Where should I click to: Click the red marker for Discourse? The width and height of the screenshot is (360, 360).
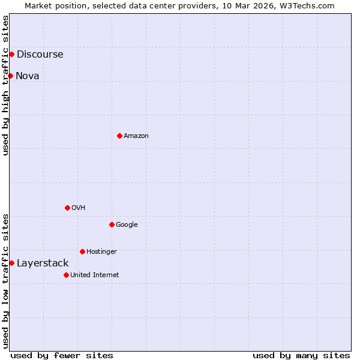click(x=11, y=54)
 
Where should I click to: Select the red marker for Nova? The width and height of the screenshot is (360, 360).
click(x=10, y=76)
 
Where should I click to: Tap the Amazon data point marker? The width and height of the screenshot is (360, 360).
click(x=119, y=136)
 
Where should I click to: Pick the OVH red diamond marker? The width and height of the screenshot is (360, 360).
click(x=67, y=208)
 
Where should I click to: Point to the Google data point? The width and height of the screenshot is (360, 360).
click(x=112, y=224)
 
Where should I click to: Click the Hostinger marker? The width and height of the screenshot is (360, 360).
click(x=82, y=251)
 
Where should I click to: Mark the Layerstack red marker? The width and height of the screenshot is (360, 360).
click(x=11, y=263)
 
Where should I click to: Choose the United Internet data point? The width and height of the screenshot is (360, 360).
click(x=66, y=275)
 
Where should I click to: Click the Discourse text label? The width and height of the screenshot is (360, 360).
click(x=40, y=55)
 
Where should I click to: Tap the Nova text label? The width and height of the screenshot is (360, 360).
click(x=28, y=76)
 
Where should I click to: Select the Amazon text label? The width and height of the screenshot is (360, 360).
click(x=136, y=136)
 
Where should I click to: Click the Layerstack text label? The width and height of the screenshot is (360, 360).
click(x=43, y=263)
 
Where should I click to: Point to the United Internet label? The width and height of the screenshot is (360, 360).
click(x=95, y=275)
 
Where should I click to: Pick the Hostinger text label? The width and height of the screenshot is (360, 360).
click(x=101, y=252)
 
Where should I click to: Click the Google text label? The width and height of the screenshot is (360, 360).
click(x=127, y=225)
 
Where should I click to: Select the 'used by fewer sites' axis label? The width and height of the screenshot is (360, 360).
click(x=62, y=355)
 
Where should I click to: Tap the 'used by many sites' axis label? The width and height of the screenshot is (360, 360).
click(x=301, y=355)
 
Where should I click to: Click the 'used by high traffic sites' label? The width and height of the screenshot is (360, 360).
click(x=6, y=86)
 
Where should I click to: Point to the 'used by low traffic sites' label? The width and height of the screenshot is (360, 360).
click(x=6, y=281)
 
